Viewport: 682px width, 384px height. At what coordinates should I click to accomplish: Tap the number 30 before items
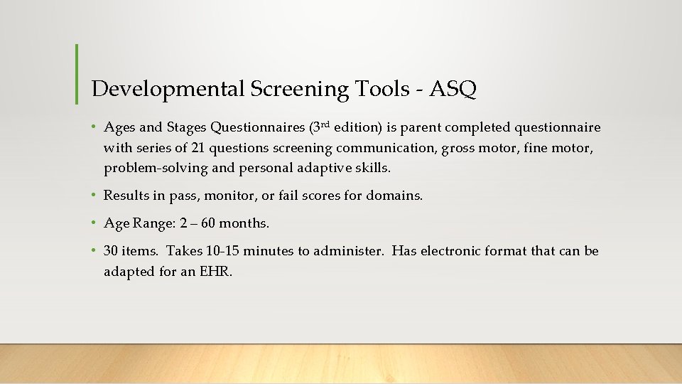112,251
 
